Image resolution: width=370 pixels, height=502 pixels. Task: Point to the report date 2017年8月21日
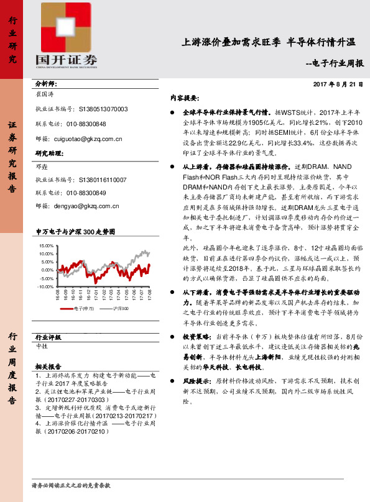pyautogui.click(x=337, y=84)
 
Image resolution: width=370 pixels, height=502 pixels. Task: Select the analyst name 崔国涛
pyautogui.click(x=46, y=94)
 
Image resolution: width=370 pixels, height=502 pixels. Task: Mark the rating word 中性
pyautogui.click(x=42, y=345)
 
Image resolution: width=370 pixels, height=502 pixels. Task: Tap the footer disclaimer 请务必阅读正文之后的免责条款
pyautogui.click(x=70, y=485)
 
